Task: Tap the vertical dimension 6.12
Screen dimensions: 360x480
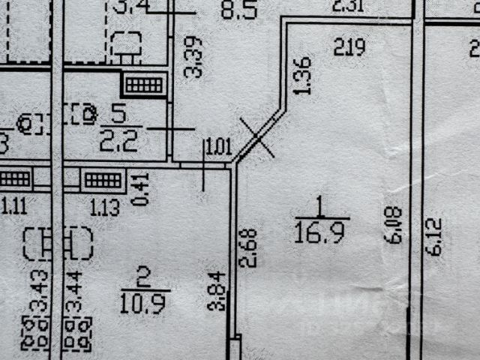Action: [436, 237]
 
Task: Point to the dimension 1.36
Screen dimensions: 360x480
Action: [302, 76]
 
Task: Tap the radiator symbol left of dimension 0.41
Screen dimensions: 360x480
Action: [103, 180]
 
